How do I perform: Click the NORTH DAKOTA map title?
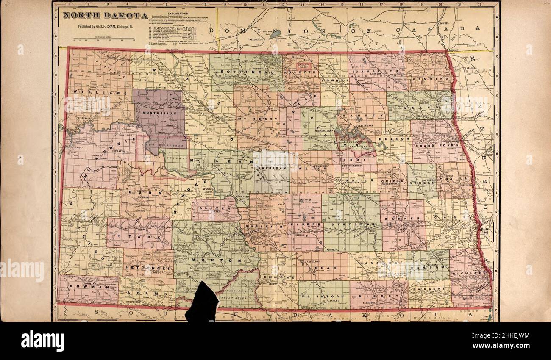pyautogui.click(x=106, y=16)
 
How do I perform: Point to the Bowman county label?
pyautogui.click(x=88, y=287)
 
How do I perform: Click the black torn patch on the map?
pyautogui.click(x=202, y=302)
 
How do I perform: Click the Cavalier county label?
pyautogui.click(x=377, y=72)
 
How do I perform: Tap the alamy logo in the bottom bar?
pyautogui.click(x=43, y=341)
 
